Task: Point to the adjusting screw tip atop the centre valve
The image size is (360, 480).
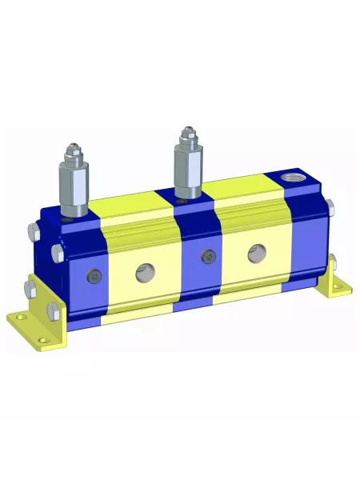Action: tap(188, 130)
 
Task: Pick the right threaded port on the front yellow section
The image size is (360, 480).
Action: tap(257, 250)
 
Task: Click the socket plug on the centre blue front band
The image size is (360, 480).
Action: tap(210, 257)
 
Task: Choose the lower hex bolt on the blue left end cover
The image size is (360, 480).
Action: tap(58, 254)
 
